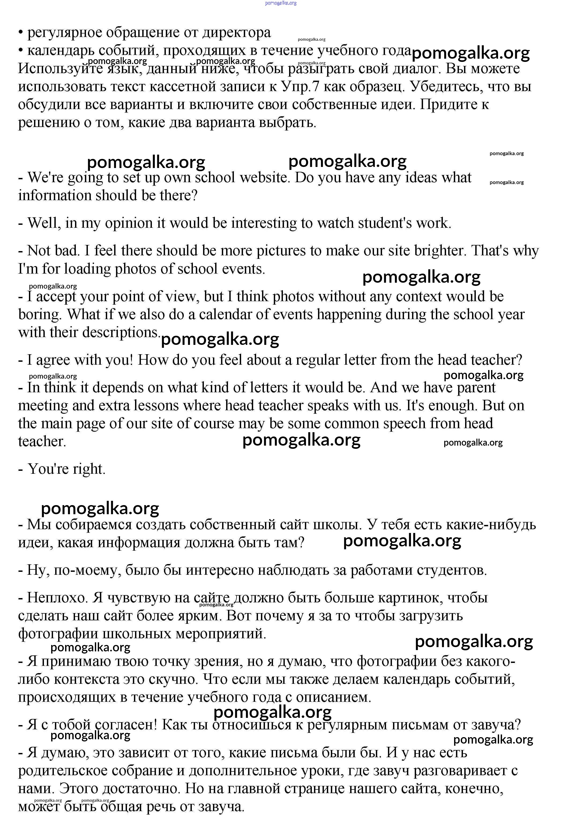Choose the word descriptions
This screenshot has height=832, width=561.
click(x=122, y=333)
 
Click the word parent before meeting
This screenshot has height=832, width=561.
click(x=476, y=387)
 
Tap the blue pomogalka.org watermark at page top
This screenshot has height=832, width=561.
click(x=280, y=3)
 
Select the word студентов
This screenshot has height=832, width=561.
click(x=452, y=570)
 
